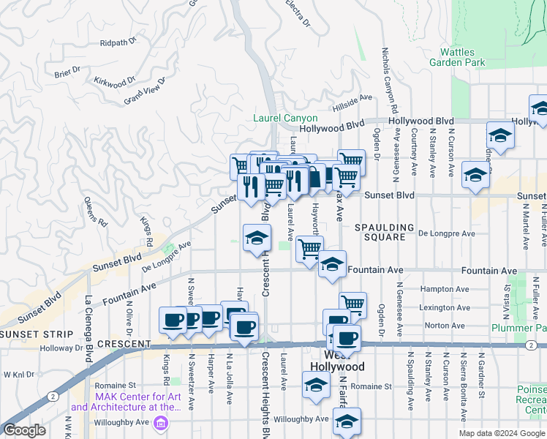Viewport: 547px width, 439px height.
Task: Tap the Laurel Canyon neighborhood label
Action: (285, 118)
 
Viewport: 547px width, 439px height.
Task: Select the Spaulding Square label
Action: (385, 233)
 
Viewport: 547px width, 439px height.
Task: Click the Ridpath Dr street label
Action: (118, 42)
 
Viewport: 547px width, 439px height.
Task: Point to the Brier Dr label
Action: (67, 74)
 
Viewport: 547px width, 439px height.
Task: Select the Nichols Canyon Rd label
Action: (385, 74)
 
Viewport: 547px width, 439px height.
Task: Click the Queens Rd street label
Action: (96, 211)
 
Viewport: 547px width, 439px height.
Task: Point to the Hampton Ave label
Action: (444, 290)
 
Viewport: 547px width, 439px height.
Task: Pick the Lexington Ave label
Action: (445, 308)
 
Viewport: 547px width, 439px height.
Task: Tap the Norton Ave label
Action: (448, 326)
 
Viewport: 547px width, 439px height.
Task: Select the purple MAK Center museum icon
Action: (160, 422)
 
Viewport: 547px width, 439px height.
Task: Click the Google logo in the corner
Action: (24, 430)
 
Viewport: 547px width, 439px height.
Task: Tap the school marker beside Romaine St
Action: (316, 386)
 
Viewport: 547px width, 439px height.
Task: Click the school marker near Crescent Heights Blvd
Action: (257, 239)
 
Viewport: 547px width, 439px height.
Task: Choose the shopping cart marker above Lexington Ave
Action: (352, 302)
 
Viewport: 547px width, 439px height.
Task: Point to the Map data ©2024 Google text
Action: (501, 433)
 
